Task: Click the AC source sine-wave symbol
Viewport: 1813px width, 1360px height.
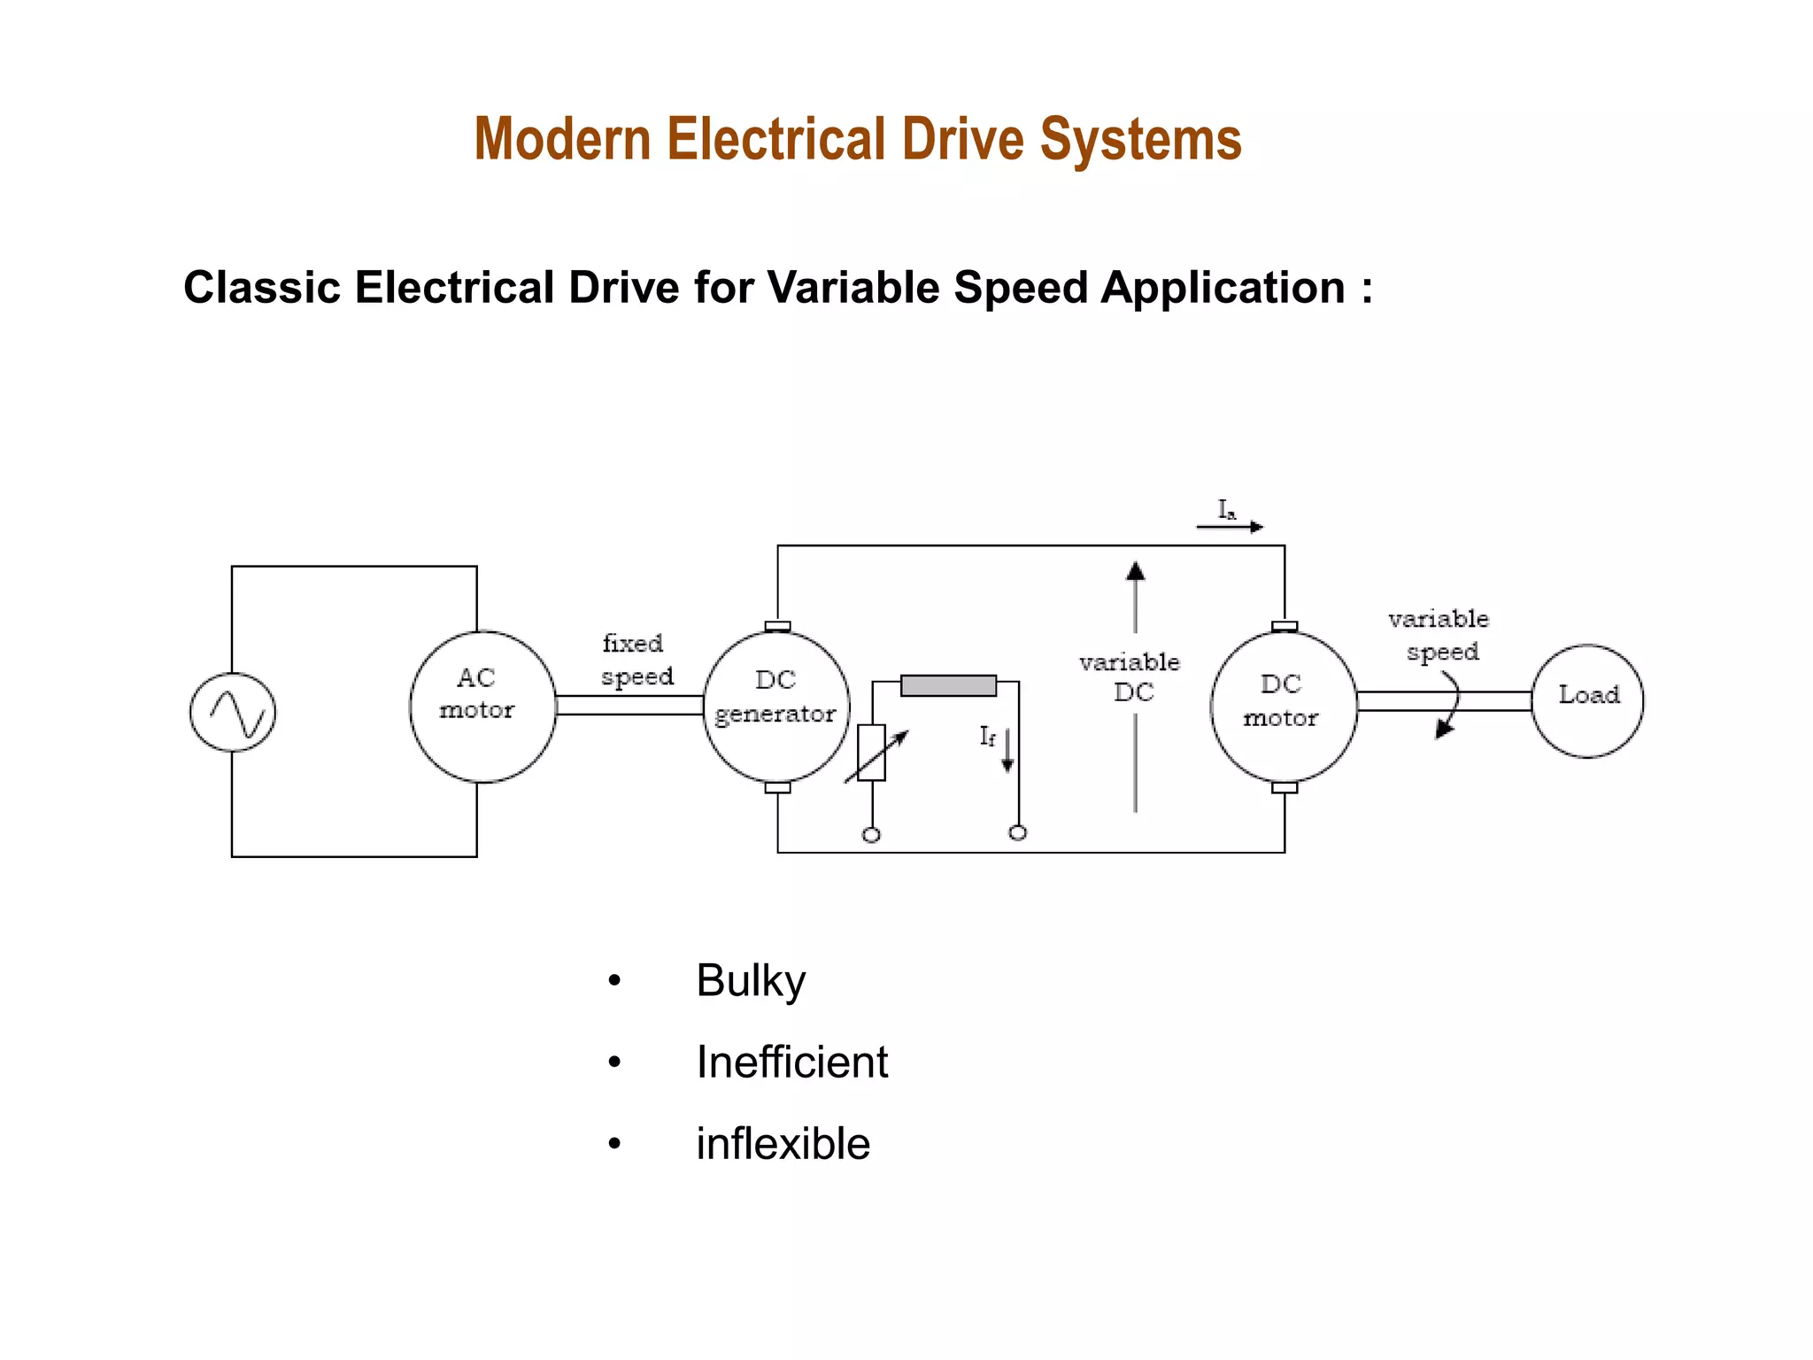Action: pos(233,713)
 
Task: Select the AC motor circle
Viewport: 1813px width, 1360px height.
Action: pos(482,707)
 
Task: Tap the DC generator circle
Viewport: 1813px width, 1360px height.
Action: pos(776,707)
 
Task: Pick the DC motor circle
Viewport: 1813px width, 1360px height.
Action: pos(1283,707)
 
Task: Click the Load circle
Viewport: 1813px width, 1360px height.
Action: pos(1587,700)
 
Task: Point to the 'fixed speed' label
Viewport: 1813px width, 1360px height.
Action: pos(636,660)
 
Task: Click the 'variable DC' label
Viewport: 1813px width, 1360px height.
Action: pos(1130,677)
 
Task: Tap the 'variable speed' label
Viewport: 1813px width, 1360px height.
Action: pos(1439,635)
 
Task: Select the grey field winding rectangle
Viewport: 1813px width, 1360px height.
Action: pos(948,685)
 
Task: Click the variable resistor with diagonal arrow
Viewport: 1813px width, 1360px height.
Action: pos(873,753)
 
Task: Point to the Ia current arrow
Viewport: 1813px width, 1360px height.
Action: pos(1230,527)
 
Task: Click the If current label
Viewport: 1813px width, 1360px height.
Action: pos(987,736)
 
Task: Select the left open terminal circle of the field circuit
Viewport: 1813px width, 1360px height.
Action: pos(871,835)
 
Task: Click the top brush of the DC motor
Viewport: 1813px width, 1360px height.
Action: pos(1284,626)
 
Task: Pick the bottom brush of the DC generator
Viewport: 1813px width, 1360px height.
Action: pos(777,787)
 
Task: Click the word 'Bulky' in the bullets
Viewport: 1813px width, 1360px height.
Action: pos(751,981)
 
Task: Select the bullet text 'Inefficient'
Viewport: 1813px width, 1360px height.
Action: pos(791,1062)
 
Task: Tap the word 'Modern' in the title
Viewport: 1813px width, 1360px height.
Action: pos(562,140)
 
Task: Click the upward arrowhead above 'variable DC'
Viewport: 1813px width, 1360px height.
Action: pos(1135,571)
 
